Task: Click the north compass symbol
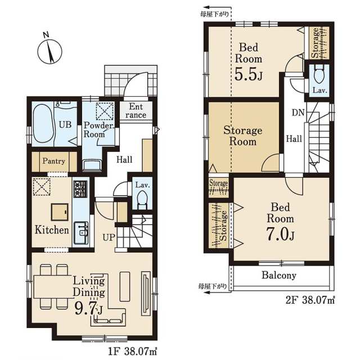[x=49, y=50]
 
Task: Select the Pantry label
[x=54, y=161]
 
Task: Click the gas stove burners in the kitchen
[x=80, y=189]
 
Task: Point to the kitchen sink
[x=80, y=233]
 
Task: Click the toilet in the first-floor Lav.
[x=142, y=199]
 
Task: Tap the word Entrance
[x=136, y=111]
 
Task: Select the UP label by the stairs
[x=109, y=237]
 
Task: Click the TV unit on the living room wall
[x=145, y=294]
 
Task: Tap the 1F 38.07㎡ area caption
[x=133, y=351]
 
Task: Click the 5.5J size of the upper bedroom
[x=248, y=74]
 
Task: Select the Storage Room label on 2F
[x=242, y=136]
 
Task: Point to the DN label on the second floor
[x=298, y=112]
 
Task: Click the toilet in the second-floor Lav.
[x=319, y=74]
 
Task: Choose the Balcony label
[x=279, y=275]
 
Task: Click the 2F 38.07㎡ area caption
[x=310, y=300]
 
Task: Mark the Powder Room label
[x=98, y=129]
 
